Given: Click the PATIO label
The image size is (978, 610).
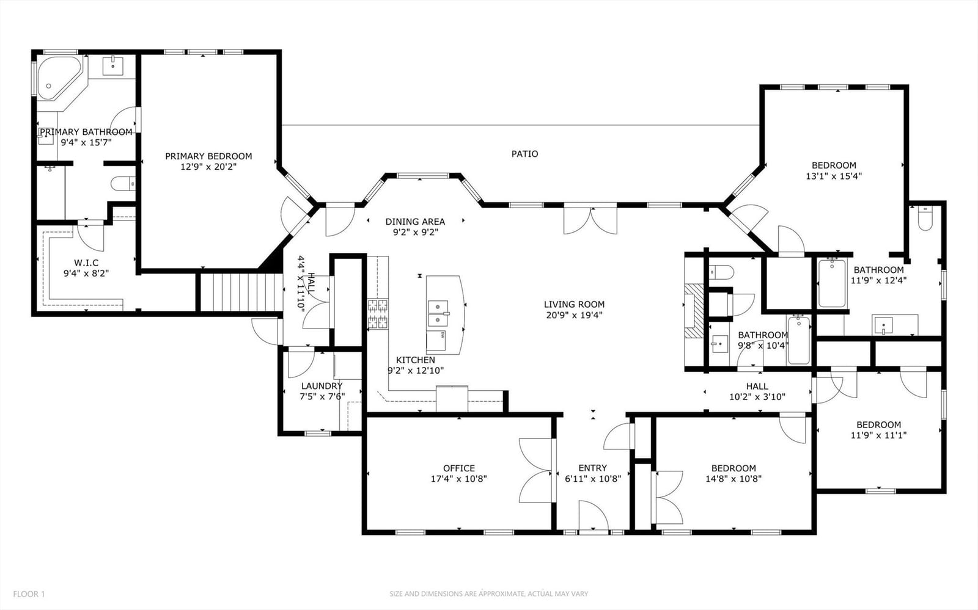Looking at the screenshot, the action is [x=525, y=154].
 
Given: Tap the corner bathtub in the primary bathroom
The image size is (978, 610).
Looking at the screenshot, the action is [x=59, y=79].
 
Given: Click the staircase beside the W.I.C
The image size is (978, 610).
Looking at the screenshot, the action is [x=240, y=292].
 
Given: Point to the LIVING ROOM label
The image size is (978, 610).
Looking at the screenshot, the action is [x=574, y=304].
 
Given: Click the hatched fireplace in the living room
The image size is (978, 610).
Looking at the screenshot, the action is [x=694, y=311].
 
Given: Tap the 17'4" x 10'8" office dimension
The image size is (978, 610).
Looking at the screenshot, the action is [x=459, y=479].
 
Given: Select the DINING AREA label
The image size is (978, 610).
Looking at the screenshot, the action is [x=415, y=222].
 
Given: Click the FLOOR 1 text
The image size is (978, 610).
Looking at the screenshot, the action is [x=29, y=594].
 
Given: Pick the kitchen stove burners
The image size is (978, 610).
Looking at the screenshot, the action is [x=378, y=314].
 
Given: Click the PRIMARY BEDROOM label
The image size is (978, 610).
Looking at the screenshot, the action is [x=208, y=156].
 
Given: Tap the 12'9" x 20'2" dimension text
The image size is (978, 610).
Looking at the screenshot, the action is [x=208, y=167].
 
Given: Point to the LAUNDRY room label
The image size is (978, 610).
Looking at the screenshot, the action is [x=322, y=386].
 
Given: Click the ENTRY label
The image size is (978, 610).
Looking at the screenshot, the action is [x=592, y=468].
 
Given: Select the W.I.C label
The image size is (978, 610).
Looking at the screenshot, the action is [x=86, y=263].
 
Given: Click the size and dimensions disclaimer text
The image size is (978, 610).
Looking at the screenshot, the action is [x=489, y=594].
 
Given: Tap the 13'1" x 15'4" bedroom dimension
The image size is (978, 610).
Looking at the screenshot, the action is [x=834, y=176].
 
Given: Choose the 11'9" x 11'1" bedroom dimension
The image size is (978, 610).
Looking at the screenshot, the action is [x=878, y=435].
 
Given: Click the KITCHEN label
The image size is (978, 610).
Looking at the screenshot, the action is [x=415, y=360].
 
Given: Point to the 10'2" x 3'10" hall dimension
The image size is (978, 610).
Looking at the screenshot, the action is [x=757, y=397].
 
